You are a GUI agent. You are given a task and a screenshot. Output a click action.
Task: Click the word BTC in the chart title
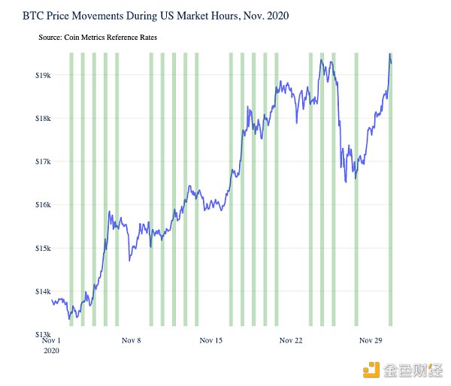click(x=34, y=15)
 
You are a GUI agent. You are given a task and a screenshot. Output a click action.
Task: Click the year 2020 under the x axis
click(x=51, y=351)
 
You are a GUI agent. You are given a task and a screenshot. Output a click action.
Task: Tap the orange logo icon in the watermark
click(x=369, y=369)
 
